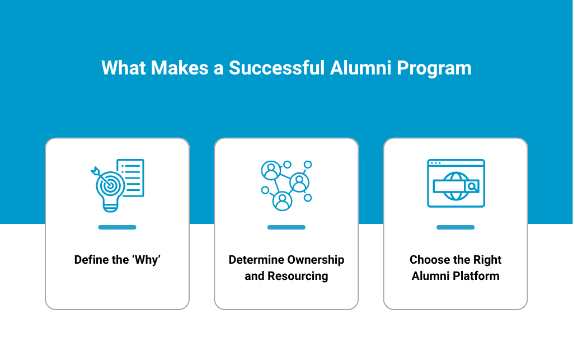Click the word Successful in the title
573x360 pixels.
point(276,68)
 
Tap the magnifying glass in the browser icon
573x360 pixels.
point(472,186)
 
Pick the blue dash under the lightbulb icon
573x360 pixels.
point(117,227)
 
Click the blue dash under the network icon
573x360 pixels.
point(286,227)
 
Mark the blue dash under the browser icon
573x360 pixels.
point(455,227)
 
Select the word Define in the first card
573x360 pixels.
point(92,260)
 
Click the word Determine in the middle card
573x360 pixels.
point(256,260)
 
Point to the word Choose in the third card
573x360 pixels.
point(429,260)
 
